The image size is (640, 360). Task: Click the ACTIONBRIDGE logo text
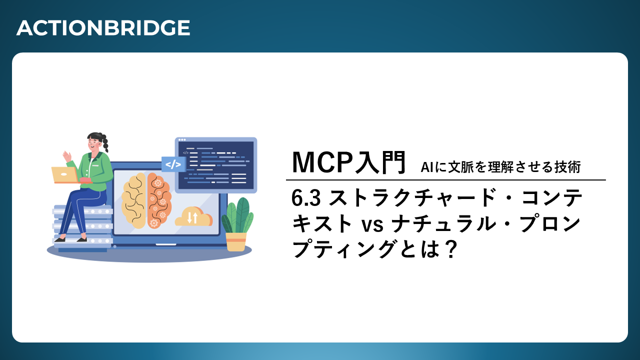click(103, 27)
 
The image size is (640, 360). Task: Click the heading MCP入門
click(348, 162)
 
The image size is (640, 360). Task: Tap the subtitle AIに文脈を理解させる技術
click(500, 167)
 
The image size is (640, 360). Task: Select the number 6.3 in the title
click(306, 198)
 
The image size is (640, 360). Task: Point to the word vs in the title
click(372, 225)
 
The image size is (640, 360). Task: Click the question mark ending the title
click(451, 249)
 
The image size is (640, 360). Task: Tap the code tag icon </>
click(173, 164)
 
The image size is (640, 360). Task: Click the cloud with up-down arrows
click(193, 216)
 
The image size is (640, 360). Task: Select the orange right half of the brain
click(159, 200)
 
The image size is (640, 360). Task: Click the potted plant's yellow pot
click(236, 241)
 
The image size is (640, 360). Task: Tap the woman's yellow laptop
click(65, 175)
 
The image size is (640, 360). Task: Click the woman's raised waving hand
click(67, 156)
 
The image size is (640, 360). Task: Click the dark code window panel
click(216, 165)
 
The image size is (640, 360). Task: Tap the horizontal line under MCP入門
click(445, 180)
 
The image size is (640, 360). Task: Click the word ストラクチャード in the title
click(411, 198)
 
